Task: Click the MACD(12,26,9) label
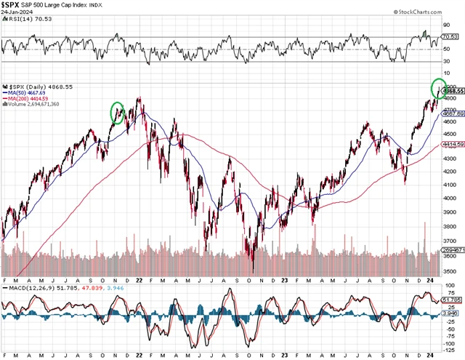tap(28, 289)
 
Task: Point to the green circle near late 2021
tap(117, 113)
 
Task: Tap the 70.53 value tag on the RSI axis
tap(453, 36)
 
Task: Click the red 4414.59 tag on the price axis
tap(453, 145)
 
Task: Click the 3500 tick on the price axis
tap(450, 271)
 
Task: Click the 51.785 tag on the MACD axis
tap(453, 300)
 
